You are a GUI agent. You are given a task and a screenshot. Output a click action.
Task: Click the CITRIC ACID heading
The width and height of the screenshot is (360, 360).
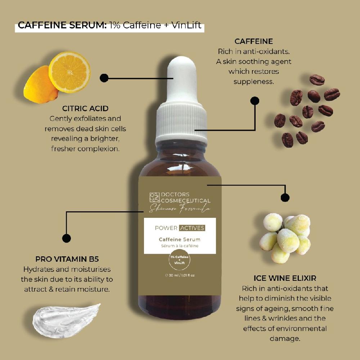[85, 108]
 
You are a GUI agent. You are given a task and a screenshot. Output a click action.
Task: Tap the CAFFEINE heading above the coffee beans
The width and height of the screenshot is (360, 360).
[253, 41]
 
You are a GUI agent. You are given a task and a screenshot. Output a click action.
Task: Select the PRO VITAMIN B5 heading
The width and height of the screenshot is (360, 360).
[67, 259]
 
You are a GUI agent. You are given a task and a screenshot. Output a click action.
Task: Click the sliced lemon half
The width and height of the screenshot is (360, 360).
[70, 72]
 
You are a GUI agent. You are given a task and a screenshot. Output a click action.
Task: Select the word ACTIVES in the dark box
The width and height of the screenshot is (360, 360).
[192, 228]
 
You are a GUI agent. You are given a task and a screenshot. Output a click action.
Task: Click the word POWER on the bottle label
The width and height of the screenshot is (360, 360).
[166, 228]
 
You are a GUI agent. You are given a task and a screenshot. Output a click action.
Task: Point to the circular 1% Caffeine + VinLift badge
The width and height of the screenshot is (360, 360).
[180, 260]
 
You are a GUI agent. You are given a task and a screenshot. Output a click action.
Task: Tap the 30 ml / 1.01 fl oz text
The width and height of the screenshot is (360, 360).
[180, 276]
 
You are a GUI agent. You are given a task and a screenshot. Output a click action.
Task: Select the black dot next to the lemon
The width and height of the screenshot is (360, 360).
[104, 78]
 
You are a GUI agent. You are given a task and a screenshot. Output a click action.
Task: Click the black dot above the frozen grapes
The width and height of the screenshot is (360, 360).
[285, 197]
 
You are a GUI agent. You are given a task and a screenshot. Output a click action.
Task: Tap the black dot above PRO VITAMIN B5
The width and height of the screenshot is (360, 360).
[66, 238]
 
